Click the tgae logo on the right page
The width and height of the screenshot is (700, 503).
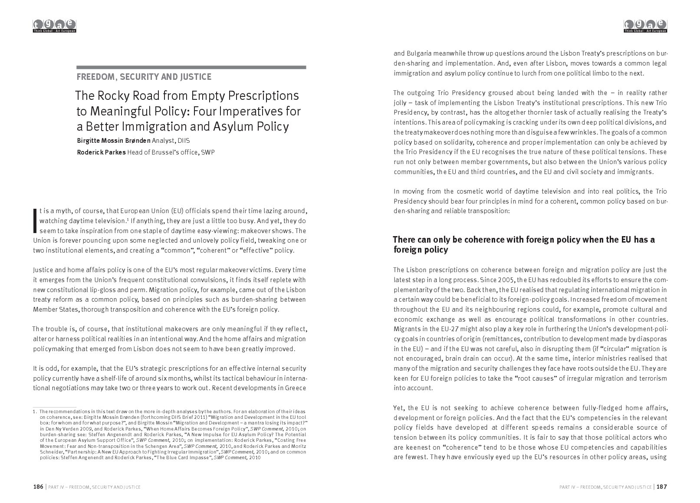point(645,26)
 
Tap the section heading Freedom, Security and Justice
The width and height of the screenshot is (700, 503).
point(144,77)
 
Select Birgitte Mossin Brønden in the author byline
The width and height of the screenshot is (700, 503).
point(114,141)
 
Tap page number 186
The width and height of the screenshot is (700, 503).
point(38,487)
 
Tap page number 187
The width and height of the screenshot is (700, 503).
point(662,487)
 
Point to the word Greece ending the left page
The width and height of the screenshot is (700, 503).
point(296,388)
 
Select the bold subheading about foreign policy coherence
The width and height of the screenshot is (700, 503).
point(523,245)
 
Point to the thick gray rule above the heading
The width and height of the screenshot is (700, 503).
point(191,67)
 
